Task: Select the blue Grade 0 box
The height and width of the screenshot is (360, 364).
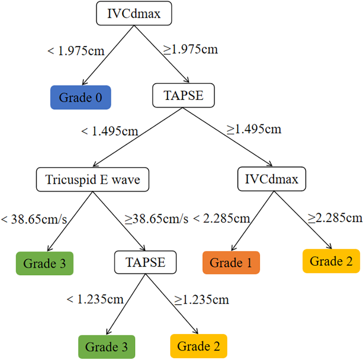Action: [x=80, y=97]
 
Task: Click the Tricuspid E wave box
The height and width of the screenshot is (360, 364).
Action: [x=92, y=179]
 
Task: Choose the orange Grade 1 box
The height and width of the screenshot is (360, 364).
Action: [x=231, y=263]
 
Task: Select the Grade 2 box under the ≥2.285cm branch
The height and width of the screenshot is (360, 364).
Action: [x=331, y=261]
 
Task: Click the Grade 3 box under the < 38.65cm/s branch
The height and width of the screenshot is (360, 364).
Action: [x=44, y=263]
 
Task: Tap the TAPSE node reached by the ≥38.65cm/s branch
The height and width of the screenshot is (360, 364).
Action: [x=145, y=262]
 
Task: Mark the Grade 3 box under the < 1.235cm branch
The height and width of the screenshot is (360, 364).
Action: [x=106, y=347]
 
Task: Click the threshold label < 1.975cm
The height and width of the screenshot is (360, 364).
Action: [x=76, y=51]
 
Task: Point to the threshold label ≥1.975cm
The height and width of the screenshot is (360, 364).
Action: [x=190, y=49]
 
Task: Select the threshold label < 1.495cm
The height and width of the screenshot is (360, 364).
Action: [x=110, y=132]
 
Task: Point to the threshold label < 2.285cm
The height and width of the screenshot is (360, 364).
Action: [x=221, y=219]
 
